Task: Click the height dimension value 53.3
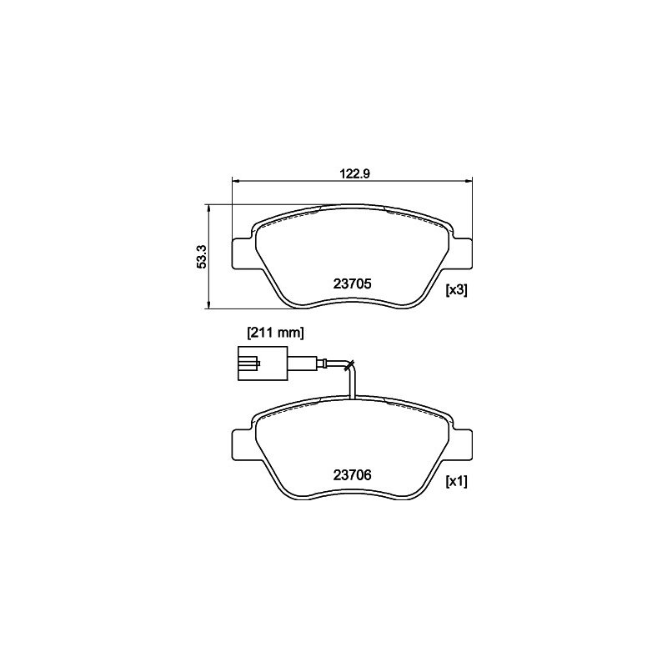pos(201,257)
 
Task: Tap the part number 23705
pos(352,283)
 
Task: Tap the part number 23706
pos(352,474)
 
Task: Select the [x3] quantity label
pos(456,290)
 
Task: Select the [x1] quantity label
pos(456,481)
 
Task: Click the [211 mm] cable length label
pos(276,333)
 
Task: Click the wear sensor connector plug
pos(263,364)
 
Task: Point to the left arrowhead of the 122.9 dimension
pos(236,182)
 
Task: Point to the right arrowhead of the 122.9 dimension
pos(469,182)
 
